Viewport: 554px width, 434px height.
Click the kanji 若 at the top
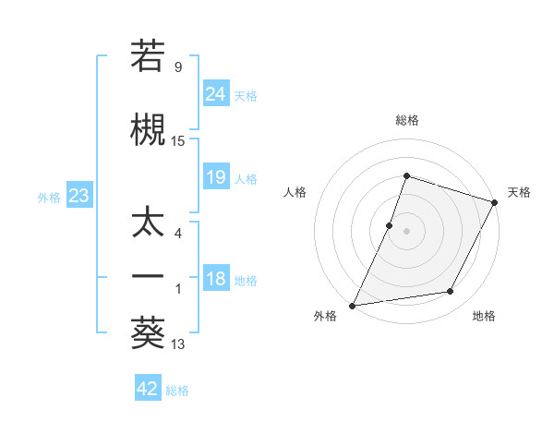(x=148, y=56)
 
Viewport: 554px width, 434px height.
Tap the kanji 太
(x=148, y=224)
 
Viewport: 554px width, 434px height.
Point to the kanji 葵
(x=148, y=332)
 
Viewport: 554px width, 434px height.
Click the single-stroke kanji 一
(x=148, y=277)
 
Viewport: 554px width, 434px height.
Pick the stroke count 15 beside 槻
(x=178, y=141)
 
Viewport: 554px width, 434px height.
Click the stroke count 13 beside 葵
(x=178, y=345)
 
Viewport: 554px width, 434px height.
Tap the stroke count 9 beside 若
(x=178, y=67)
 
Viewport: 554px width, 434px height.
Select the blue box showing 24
(x=216, y=94)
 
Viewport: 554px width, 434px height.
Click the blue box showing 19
(x=216, y=177)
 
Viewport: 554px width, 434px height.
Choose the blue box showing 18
(x=216, y=280)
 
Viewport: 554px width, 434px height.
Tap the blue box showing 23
(x=78, y=196)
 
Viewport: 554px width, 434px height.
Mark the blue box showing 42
(x=148, y=389)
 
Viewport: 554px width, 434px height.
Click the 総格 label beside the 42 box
(x=177, y=391)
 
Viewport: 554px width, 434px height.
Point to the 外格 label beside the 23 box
(x=49, y=197)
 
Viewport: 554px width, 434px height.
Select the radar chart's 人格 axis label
(x=295, y=192)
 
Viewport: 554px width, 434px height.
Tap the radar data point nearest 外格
(x=353, y=306)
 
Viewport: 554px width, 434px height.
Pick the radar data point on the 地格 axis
(x=451, y=292)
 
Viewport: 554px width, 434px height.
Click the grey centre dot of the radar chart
(x=406, y=231)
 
